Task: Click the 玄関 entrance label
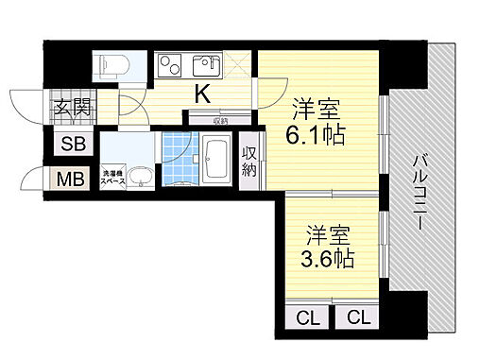[x=71, y=108]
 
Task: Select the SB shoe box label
[x=72, y=145]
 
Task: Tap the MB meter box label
[x=72, y=179]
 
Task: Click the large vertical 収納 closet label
[x=249, y=163]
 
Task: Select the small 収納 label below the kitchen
[x=219, y=120]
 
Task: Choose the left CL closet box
[x=307, y=317]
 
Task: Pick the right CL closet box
[x=357, y=317]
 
